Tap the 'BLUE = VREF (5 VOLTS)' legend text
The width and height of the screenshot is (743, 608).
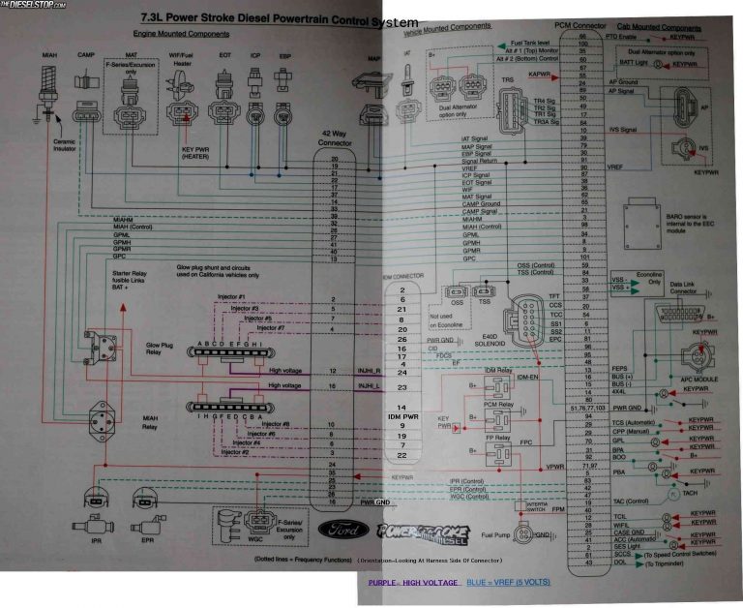coord(508,583)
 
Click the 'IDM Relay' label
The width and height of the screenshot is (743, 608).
coord(499,370)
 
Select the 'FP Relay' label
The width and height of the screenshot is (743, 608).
coord(499,437)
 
